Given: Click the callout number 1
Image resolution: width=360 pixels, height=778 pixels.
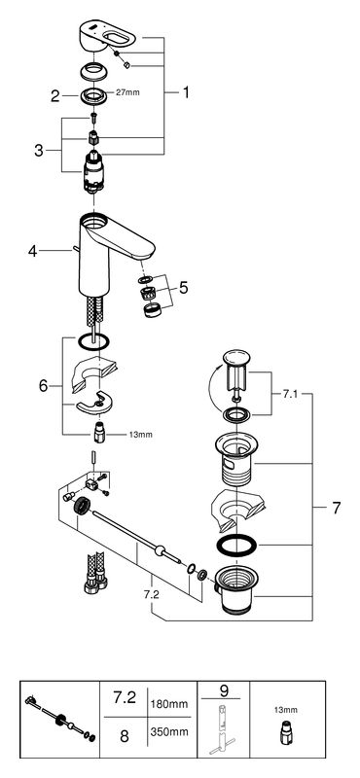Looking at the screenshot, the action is tap(186, 92).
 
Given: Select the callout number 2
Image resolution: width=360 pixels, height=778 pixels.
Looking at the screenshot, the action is tap(54, 95).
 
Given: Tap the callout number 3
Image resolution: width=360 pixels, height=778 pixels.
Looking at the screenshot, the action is tap(39, 151).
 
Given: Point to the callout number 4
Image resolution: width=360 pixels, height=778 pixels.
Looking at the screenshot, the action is tap(32, 251).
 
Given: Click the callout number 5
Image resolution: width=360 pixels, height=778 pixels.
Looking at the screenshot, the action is tap(184, 287).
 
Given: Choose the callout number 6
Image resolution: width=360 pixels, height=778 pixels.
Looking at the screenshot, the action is tap(44, 385).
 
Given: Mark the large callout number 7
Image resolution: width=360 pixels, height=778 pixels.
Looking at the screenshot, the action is tap(337, 508).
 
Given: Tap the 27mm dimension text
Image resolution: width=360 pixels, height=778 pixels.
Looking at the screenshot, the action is tap(127, 92).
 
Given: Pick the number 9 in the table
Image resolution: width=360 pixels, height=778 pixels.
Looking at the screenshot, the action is tap(223, 690).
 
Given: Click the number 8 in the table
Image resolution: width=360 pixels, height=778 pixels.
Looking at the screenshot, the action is tap(125, 736).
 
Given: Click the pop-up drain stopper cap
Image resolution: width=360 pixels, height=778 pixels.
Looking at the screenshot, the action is tap(237, 357).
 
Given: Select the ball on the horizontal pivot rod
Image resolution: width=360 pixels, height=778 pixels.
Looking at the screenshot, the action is tap(160, 550).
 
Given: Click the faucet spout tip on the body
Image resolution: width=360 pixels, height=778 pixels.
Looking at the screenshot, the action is tap(146, 253).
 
